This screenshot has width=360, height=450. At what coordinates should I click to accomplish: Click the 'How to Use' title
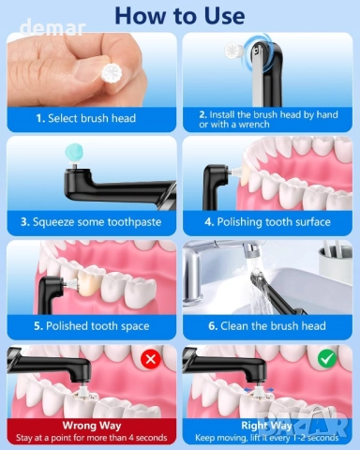click(x=180, y=16)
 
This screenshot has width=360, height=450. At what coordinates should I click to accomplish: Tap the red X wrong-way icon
click(x=151, y=358)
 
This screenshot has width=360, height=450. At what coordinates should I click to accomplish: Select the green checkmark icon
click(x=327, y=358)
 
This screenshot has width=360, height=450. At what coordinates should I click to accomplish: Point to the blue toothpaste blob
click(x=74, y=153)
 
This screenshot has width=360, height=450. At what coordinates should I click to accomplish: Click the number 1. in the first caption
click(x=40, y=118)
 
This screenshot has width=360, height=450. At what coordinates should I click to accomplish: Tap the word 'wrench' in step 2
click(x=254, y=125)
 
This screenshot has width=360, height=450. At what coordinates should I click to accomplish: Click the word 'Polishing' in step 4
click(x=239, y=222)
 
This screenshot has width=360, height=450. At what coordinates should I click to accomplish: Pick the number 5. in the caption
click(x=38, y=326)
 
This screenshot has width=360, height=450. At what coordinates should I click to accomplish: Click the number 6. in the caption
click(x=213, y=326)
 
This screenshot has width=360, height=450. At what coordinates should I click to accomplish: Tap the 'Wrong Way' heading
click(x=92, y=426)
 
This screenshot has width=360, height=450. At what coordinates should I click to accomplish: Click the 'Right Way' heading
click(x=266, y=426)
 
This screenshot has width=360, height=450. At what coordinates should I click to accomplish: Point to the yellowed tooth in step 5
click(x=88, y=282)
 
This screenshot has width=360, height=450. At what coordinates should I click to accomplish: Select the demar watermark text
click(x=52, y=28)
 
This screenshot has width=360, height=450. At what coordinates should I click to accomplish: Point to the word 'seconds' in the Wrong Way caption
click(x=152, y=438)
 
